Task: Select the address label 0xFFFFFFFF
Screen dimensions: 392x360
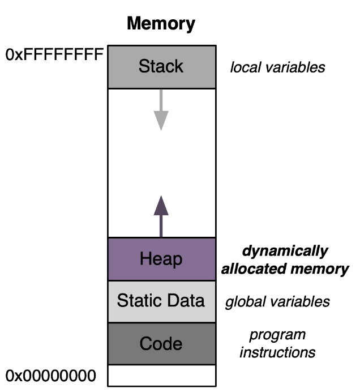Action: (x=54, y=55)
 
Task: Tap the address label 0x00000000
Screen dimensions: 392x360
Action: (x=52, y=375)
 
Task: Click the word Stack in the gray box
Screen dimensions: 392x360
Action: (x=161, y=66)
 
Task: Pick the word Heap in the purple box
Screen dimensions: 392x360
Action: (x=161, y=259)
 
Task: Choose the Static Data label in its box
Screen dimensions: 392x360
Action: (x=161, y=301)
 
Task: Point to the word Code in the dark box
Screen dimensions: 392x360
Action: (x=161, y=343)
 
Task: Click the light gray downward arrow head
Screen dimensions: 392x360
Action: (x=161, y=120)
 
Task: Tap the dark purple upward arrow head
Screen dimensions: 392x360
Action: (x=161, y=205)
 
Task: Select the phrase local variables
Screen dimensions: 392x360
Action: (x=277, y=68)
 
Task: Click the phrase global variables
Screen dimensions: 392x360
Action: (x=277, y=301)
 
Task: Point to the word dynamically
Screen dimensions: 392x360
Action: (x=285, y=251)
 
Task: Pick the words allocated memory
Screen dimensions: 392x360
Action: (x=285, y=269)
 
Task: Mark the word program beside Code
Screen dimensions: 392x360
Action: (x=277, y=334)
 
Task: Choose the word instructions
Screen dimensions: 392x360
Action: (x=277, y=352)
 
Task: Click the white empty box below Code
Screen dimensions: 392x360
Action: (x=161, y=375)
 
